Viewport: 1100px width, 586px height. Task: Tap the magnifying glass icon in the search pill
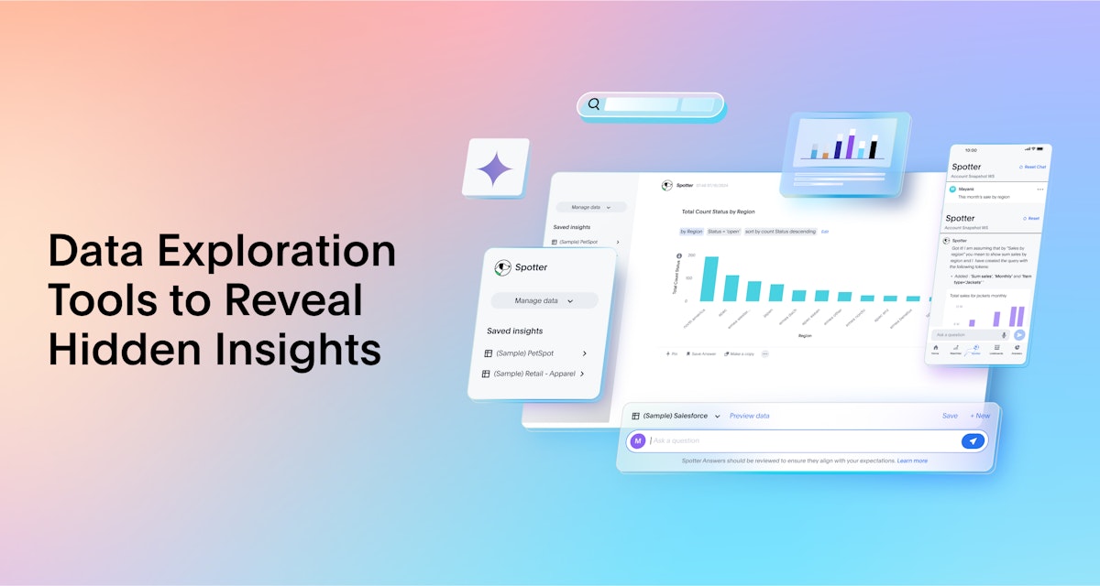[594, 104]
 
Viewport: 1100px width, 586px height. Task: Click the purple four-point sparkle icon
[495, 168]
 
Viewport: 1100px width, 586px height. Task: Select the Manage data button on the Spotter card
[544, 300]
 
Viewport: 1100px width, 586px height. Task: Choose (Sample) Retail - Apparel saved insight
[534, 374]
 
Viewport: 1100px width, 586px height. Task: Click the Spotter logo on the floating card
[502, 267]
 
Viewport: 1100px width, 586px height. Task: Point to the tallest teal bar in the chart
[709, 278]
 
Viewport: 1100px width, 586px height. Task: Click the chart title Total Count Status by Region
[718, 212]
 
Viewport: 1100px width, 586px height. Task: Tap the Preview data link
[749, 416]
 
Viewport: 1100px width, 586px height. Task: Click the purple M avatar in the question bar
[638, 441]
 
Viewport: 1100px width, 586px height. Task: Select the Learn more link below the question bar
[912, 461]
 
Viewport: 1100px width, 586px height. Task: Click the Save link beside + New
[950, 416]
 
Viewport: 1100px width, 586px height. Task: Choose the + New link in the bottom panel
[980, 416]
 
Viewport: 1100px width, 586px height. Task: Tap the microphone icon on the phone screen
[1004, 335]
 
